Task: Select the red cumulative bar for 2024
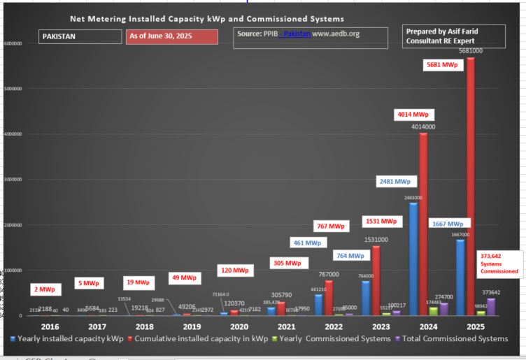[x=422, y=224]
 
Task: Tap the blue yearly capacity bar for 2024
[x=414, y=259]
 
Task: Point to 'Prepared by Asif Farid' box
[x=453, y=36]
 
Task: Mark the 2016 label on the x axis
[x=50, y=326]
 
